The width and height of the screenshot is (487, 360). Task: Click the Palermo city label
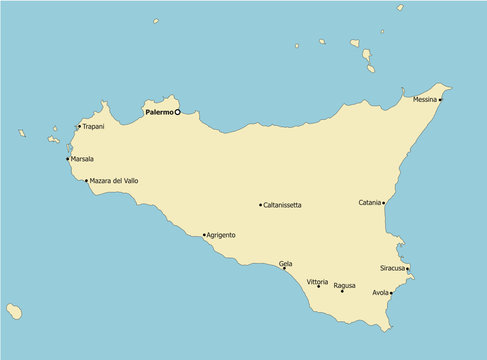point(158,113)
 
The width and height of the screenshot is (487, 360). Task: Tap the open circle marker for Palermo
point(177,112)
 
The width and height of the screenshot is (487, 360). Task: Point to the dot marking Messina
point(440,99)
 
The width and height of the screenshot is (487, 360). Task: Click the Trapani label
point(93,127)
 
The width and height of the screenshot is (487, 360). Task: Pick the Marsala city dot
point(68,159)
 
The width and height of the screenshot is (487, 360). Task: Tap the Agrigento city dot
point(204,235)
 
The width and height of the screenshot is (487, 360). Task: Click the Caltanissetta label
point(283,205)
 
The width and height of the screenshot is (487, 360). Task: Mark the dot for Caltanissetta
point(261,205)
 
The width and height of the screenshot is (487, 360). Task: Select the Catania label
point(369,203)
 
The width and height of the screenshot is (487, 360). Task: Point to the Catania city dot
point(384,203)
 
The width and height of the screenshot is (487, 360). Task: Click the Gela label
point(286,263)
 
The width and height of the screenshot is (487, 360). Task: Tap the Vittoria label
point(317,282)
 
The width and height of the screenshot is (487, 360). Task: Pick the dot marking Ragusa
point(342,291)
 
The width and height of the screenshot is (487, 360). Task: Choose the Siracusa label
point(392,268)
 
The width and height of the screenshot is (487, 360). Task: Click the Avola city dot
point(391,293)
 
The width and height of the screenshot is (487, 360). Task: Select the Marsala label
point(82,159)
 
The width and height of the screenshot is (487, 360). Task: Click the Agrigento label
point(221,235)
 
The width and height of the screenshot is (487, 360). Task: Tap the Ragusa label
point(344,285)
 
